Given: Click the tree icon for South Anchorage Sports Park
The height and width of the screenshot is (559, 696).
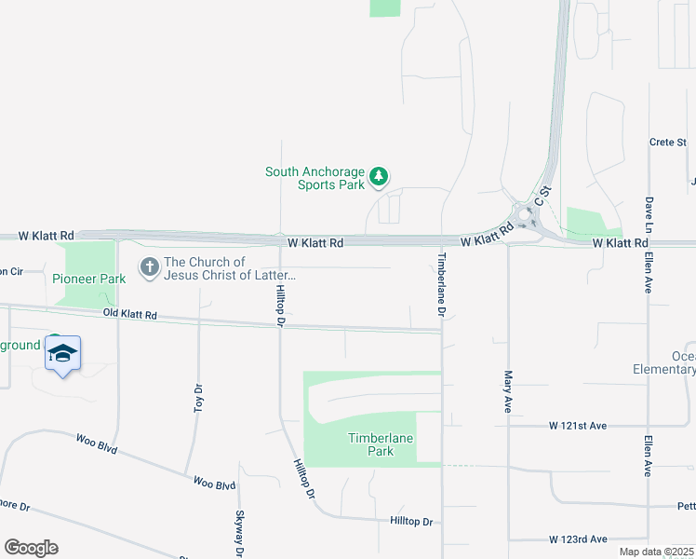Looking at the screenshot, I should click(x=379, y=175).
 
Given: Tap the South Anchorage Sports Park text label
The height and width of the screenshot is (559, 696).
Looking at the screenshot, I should click(x=315, y=178).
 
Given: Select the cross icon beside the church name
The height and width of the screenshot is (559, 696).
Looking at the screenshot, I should click(x=149, y=268).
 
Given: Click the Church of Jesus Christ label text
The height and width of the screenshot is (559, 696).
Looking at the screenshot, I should click(x=229, y=269).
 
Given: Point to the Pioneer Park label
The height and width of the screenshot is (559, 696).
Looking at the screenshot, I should click(x=88, y=279).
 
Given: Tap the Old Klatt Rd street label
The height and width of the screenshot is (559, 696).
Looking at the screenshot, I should click(x=130, y=315).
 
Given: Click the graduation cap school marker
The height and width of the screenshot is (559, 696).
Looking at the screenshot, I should click(x=62, y=354).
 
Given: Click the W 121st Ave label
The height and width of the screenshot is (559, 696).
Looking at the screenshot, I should click(x=577, y=426).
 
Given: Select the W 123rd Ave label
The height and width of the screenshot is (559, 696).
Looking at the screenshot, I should click(x=577, y=539).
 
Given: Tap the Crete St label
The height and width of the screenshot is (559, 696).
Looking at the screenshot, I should click(x=667, y=143).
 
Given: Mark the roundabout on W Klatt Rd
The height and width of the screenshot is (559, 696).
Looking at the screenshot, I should click(x=526, y=219).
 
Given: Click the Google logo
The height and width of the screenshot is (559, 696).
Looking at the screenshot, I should click(x=31, y=548).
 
